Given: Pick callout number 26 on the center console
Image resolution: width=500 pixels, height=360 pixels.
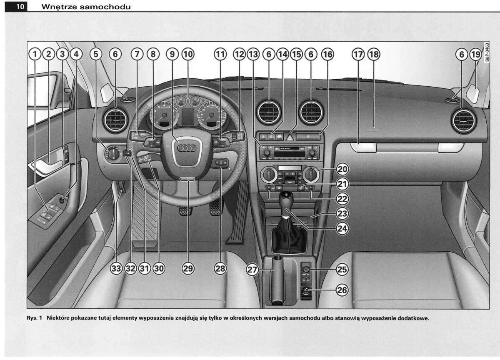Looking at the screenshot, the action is (342, 290).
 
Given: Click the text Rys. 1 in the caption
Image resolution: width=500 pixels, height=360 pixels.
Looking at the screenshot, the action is (34, 319).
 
